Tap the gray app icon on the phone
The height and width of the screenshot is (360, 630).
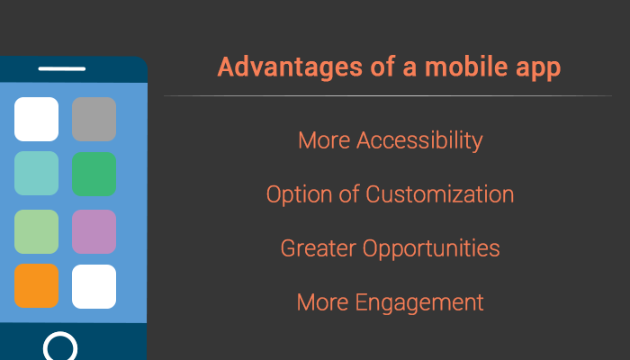(94, 119)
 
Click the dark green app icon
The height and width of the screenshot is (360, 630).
(94, 174)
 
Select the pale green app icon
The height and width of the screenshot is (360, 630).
(37, 231)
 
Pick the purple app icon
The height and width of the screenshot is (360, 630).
(94, 231)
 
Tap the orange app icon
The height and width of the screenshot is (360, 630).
(37, 286)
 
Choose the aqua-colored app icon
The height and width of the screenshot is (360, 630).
(37, 174)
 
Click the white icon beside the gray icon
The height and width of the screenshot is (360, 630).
(37, 119)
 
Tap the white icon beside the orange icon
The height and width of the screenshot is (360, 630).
(94, 286)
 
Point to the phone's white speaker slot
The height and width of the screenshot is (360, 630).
(62, 68)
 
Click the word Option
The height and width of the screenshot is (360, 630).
(299, 195)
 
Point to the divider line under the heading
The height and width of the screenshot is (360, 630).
(387, 95)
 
